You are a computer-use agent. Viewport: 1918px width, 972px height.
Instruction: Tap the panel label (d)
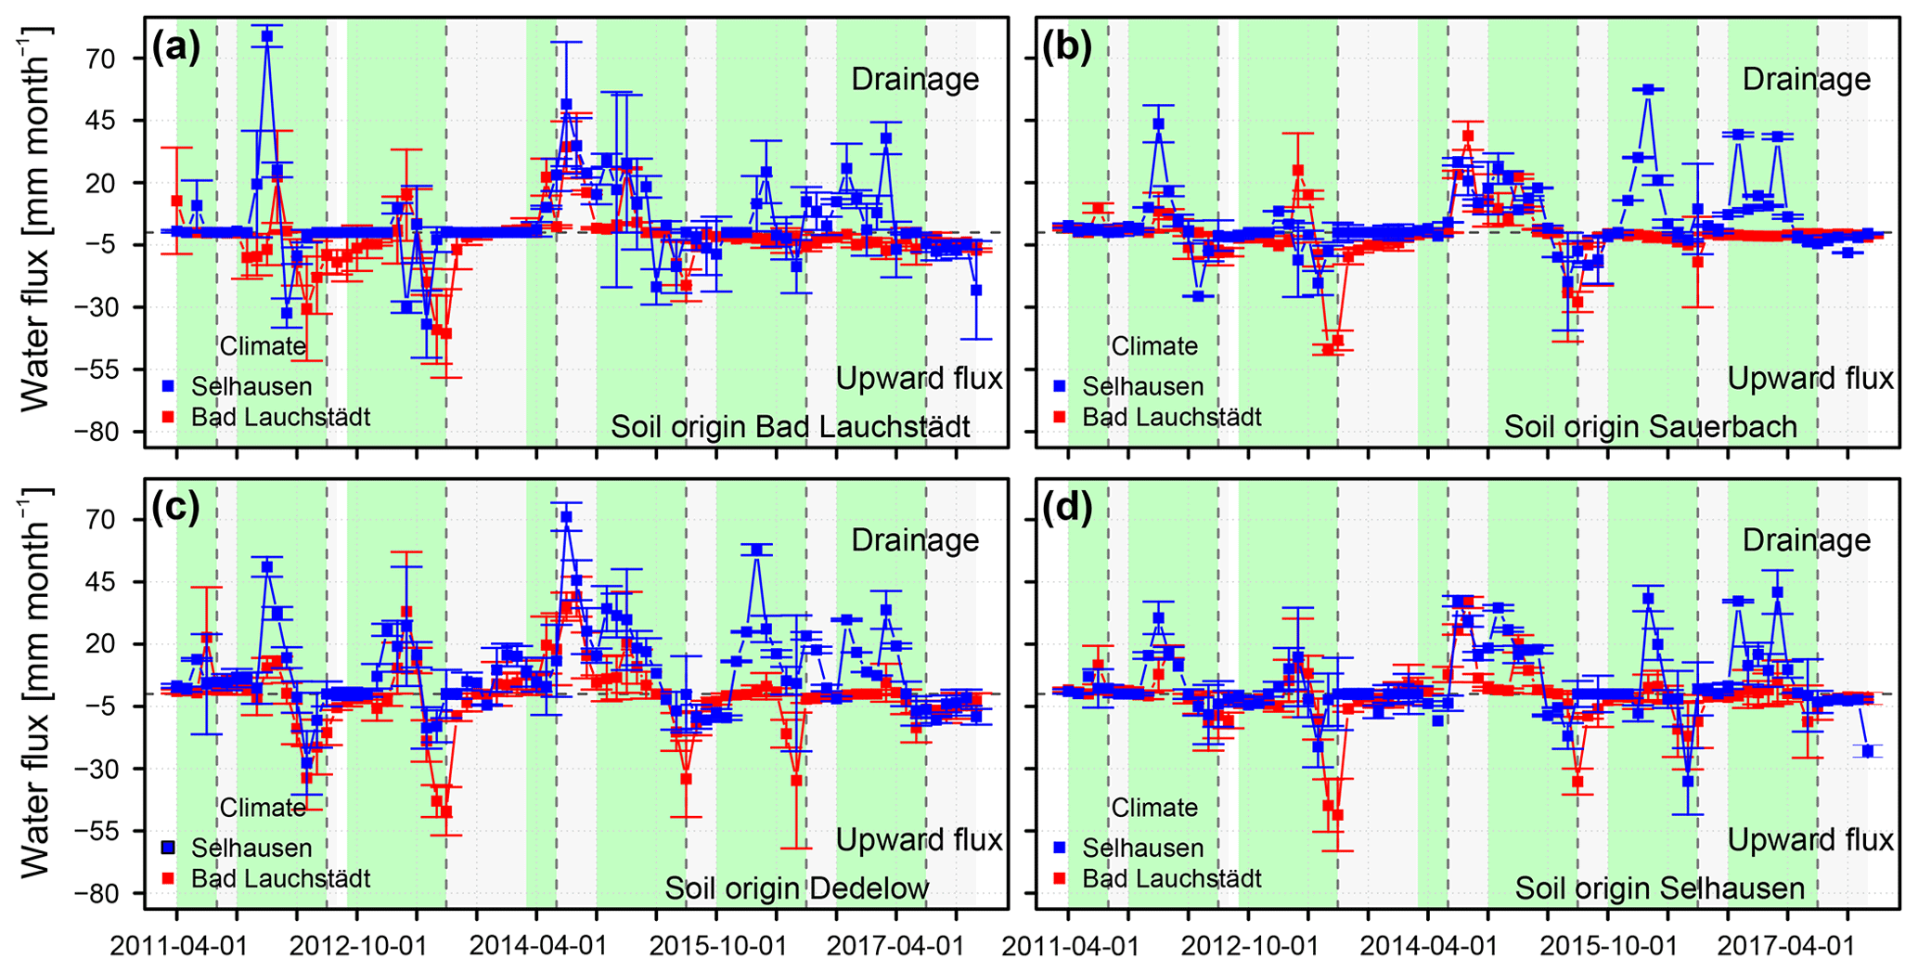pyautogui.click(x=1067, y=509)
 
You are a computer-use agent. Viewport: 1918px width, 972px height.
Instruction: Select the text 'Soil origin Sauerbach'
pyautogui.click(x=1650, y=427)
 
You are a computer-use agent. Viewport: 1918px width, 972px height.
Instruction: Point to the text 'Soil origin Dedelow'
pyautogui.click(x=796, y=888)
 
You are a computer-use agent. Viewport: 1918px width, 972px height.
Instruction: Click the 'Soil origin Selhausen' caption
pyautogui.click(x=1659, y=888)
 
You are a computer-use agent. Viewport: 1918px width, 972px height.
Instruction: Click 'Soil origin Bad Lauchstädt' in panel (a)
pyautogui.click(x=790, y=427)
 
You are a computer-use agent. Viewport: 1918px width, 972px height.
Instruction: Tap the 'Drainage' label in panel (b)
pyautogui.click(x=1806, y=80)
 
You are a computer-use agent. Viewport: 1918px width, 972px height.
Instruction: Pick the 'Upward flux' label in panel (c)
pyautogui.click(x=919, y=840)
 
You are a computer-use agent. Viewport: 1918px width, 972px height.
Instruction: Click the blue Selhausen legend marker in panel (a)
pyautogui.click(x=168, y=385)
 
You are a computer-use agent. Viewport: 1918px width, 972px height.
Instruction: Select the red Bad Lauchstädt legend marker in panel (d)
pyautogui.click(x=1059, y=877)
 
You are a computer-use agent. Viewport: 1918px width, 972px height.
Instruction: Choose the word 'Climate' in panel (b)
pyautogui.click(x=1154, y=346)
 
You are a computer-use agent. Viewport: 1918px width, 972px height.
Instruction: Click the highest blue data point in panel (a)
pyautogui.click(x=267, y=36)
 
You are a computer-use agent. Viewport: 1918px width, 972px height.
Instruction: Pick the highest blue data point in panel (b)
pyautogui.click(x=1648, y=89)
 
